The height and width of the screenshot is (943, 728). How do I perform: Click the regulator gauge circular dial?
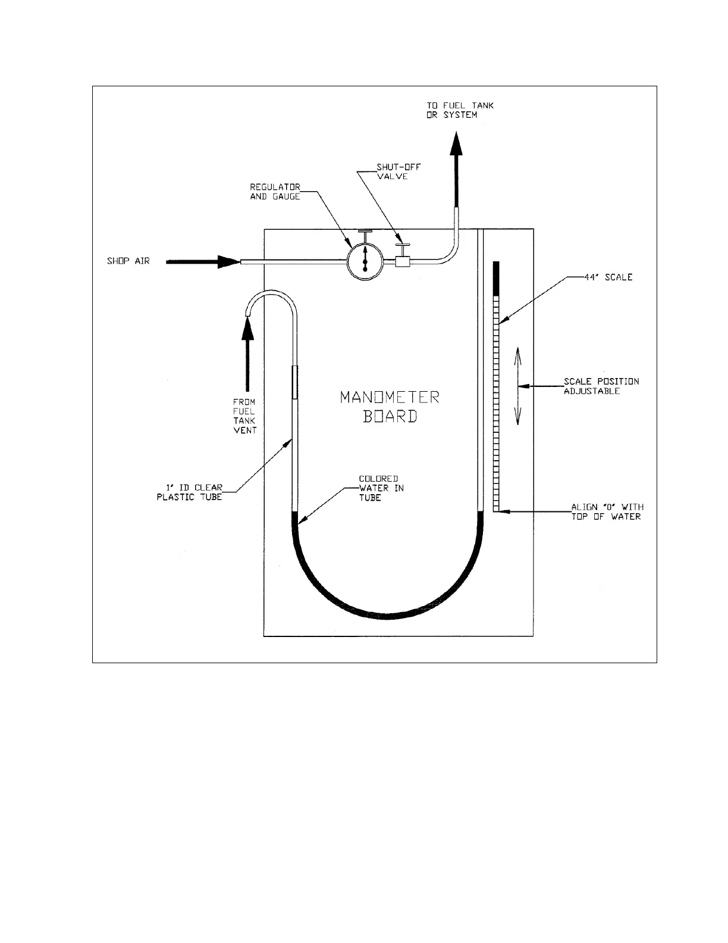pos(364,261)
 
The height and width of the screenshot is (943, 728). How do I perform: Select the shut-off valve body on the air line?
pos(404,261)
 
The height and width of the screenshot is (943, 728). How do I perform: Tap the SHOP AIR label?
pos(128,261)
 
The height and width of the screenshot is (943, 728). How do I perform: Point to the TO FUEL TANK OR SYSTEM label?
pos(459,110)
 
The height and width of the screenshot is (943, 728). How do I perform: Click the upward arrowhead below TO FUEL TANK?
pos(456,145)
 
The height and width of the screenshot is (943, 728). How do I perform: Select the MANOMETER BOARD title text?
pos(390,407)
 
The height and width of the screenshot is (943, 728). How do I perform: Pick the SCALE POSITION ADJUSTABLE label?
pos(601,386)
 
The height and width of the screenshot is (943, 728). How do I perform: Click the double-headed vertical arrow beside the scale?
pos(518,386)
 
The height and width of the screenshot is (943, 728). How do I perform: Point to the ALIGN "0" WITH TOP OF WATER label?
pos(607,512)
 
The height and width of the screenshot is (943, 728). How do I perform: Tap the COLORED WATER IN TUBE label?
pos(381,488)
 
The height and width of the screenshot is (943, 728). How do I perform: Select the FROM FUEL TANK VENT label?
pos(244,416)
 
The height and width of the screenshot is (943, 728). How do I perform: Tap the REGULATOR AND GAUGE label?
pos(275,191)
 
